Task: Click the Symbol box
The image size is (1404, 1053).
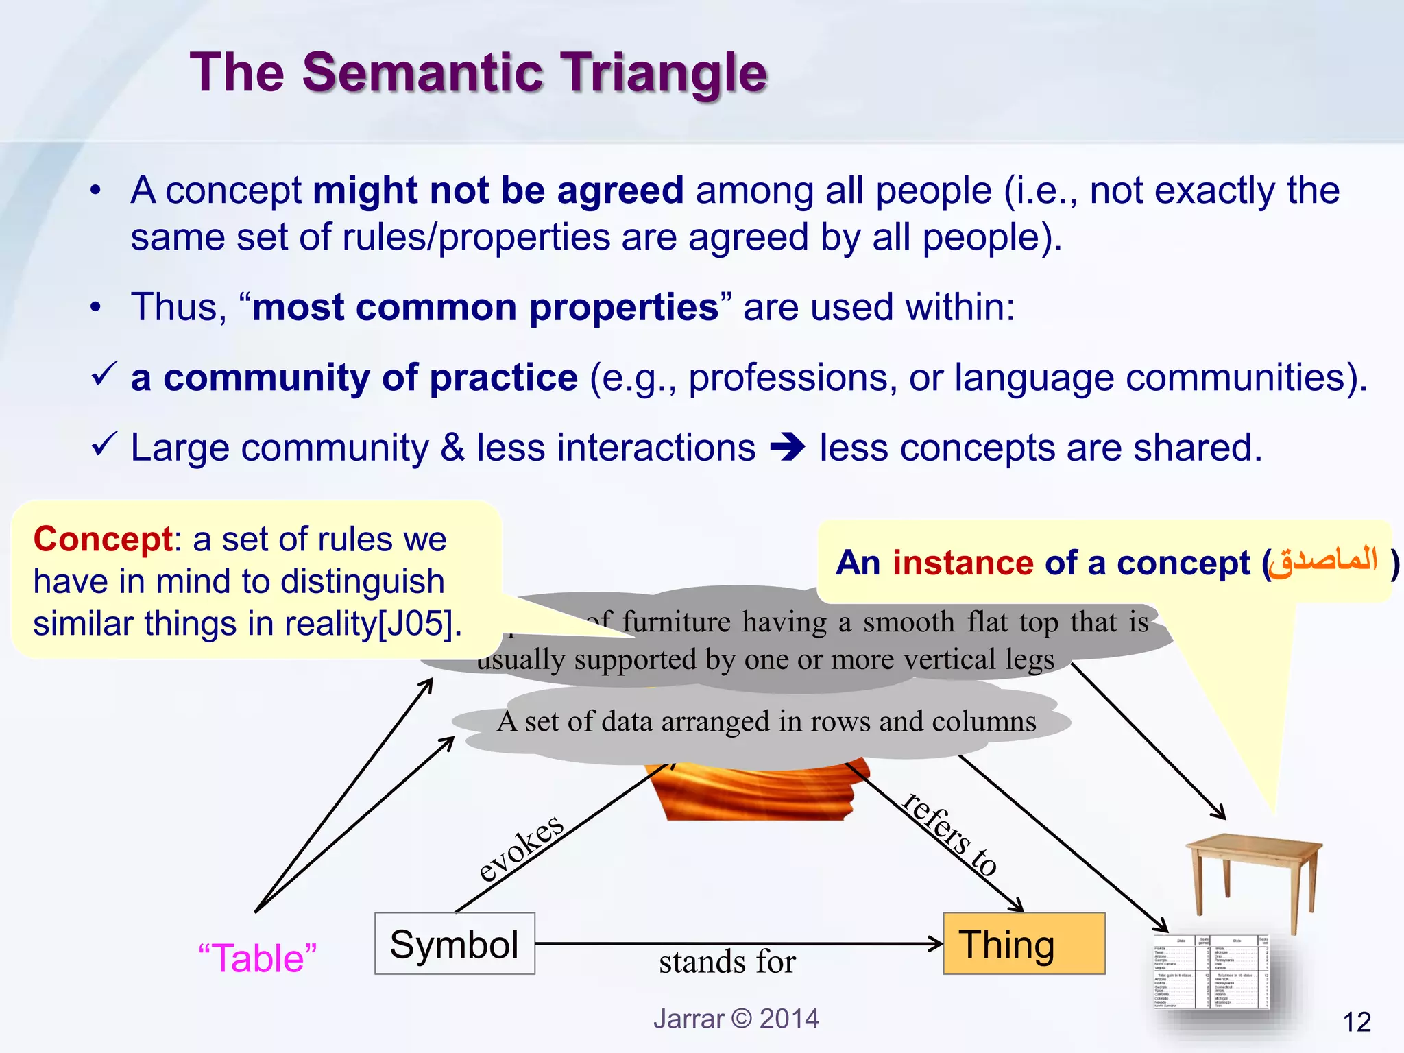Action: pyautogui.click(x=455, y=943)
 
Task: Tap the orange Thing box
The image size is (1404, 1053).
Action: pyautogui.click(x=1024, y=943)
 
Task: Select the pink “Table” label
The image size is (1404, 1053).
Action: pyautogui.click(x=257, y=958)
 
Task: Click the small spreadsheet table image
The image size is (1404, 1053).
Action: pyautogui.click(x=1211, y=971)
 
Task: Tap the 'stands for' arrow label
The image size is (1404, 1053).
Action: pyautogui.click(x=727, y=962)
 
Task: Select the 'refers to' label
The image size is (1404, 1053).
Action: pyautogui.click(x=950, y=834)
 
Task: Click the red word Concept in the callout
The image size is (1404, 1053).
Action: pyautogui.click(x=103, y=539)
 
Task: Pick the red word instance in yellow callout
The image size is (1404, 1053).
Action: pyautogui.click(x=962, y=563)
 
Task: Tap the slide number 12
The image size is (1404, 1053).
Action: pyautogui.click(x=1357, y=1022)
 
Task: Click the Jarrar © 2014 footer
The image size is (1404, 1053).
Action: pyautogui.click(x=736, y=1019)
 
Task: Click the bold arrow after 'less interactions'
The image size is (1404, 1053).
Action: pyautogui.click(x=788, y=448)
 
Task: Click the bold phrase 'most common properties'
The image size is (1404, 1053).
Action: pyautogui.click(x=485, y=307)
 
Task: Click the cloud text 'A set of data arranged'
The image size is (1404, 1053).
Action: pyautogui.click(x=766, y=722)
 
